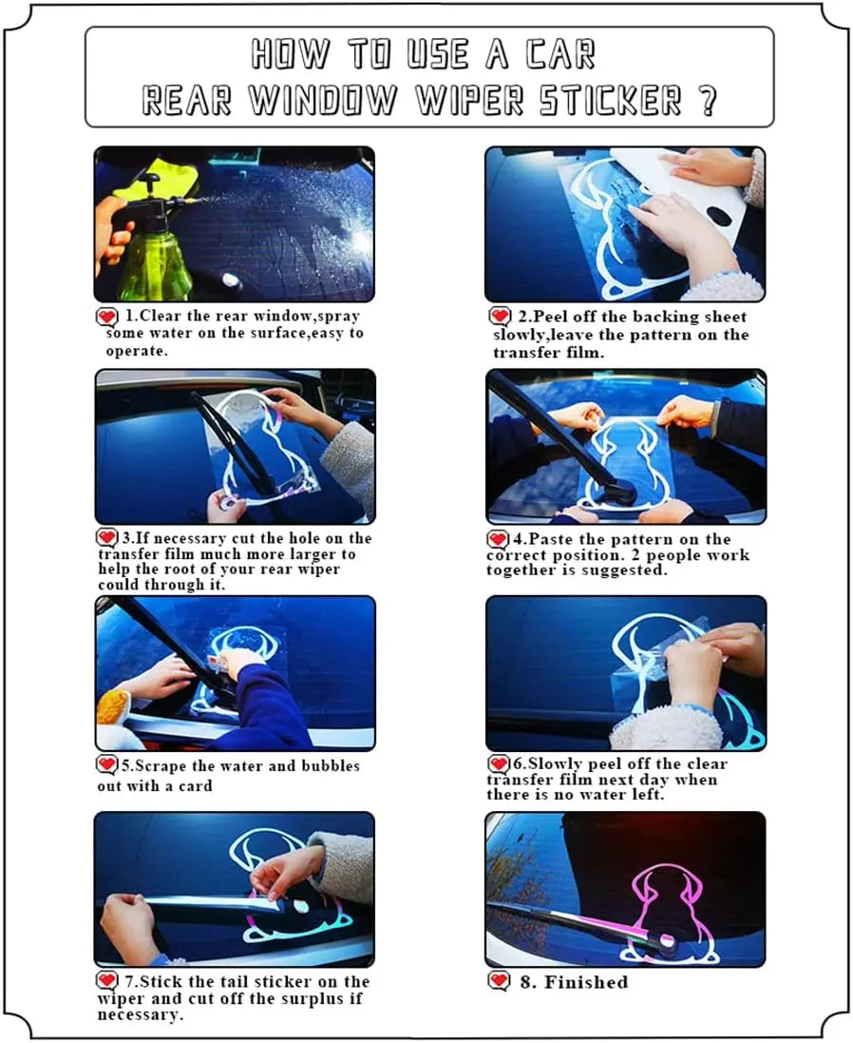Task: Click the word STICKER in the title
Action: tap(610, 101)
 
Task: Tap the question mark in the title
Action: tap(709, 101)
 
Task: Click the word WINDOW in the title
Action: tap(323, 101)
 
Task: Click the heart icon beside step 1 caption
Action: tap(107, 317)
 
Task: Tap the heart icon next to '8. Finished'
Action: tap(500, 982)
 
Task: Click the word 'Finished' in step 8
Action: tap(586, 982)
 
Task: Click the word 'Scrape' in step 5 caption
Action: tap(161, 766)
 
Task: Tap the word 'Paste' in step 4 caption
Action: tap(550, 539)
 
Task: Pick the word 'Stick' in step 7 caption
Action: tap(161, 982)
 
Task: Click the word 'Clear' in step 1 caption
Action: tap(160, 316)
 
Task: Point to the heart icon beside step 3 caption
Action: tap(107, 537)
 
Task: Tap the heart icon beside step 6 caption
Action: tap(499, 763)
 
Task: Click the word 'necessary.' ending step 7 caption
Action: tap(141, 1015)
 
